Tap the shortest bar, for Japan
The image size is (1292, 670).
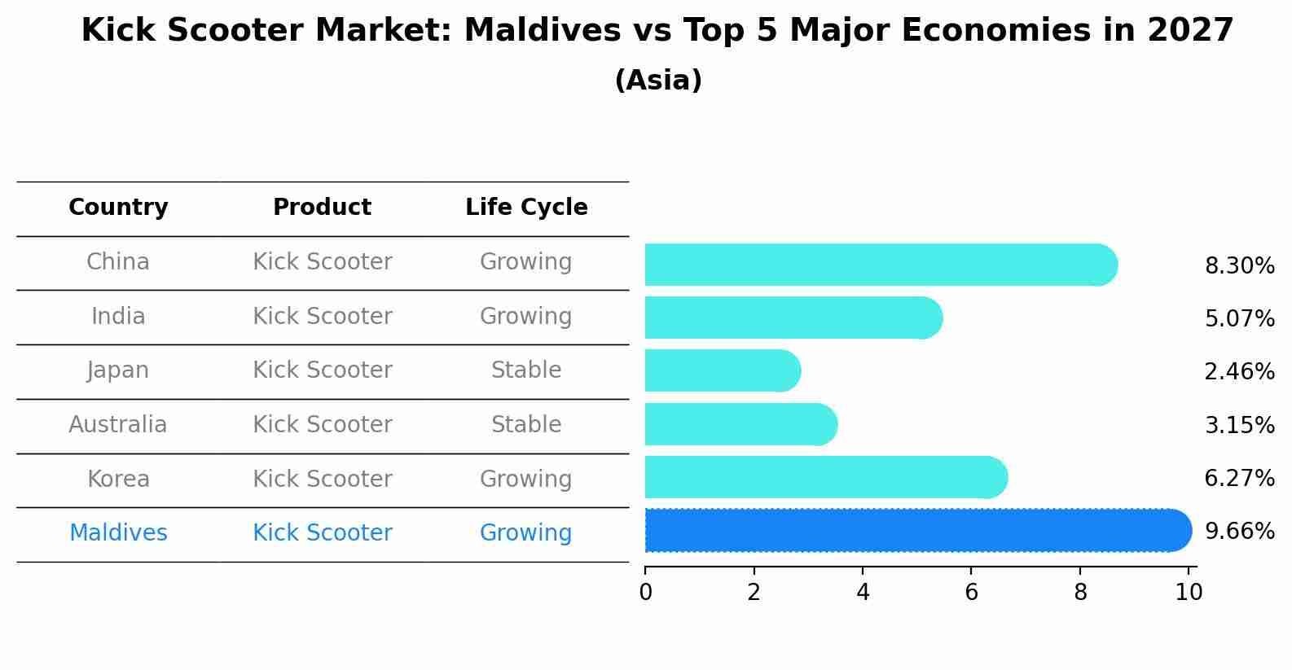[x=722, y=371]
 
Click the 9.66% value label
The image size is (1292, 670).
[x=1239, y=532]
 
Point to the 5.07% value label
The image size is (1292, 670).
[x=1239, y=318]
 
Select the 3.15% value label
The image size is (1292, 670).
[x=1239, y=425]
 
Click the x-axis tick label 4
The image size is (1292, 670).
[x=863, y=593]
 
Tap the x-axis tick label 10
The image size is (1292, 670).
[x=1189, y=593]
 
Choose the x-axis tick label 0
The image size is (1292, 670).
[x=645, y=593]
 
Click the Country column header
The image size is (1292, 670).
[x=118, y=208]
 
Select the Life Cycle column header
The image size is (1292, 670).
[x=526, y=208]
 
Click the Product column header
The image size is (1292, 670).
[x=322, y=208]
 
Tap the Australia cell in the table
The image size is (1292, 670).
[x=118, y=425]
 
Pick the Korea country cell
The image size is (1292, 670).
[x=118, y=480]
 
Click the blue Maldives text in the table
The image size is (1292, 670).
[x=118, y=533]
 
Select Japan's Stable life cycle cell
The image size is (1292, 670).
[x=526, y=370]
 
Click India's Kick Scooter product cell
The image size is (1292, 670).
[x=322, y=317]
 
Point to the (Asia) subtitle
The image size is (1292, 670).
[x=657, y=81]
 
